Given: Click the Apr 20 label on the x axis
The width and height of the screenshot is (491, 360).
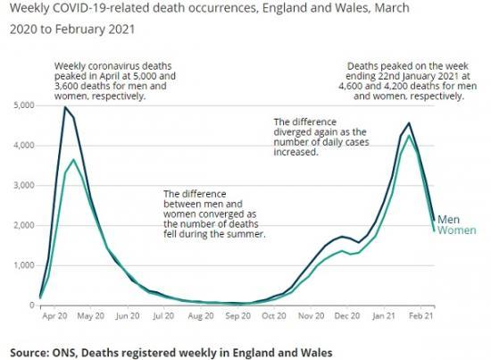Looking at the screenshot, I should pyautogui.click(x=54, y=316).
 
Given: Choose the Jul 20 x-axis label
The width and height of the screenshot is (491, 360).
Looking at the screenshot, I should pyautogui.click(x=162, y=316).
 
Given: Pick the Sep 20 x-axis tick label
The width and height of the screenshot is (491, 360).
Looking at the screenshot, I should pyautogui.click(x=237, y=316).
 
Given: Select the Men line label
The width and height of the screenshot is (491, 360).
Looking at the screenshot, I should pyautogui.click(x=448, y=219).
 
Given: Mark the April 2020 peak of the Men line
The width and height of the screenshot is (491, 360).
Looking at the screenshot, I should pyautogui.click(x=65, y=107).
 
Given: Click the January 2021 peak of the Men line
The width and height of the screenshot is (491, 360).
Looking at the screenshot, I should pyautogui.click(x=409, y=123).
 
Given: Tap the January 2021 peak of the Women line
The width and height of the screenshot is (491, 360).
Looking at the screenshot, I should pyautogui.click(x=409, y=136).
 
